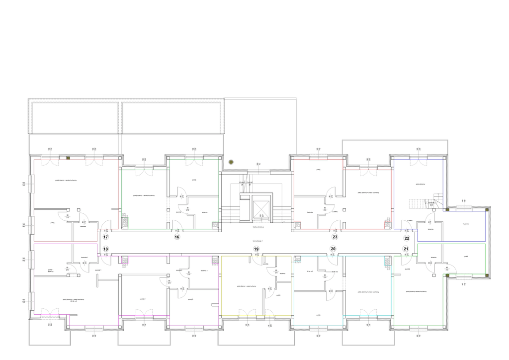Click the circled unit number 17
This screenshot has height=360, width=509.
(105, 238)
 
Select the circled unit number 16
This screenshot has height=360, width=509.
(177, 238)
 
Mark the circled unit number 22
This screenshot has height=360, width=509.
(407, 238)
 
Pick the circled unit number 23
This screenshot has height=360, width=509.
(335, 238)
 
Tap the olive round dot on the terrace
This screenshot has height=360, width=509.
(231, 162)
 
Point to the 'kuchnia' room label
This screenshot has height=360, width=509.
(466, 224)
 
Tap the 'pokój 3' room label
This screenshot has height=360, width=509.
(190, 299)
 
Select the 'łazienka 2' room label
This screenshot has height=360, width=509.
(204, 270)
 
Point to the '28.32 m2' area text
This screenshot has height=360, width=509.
(73, 301)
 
